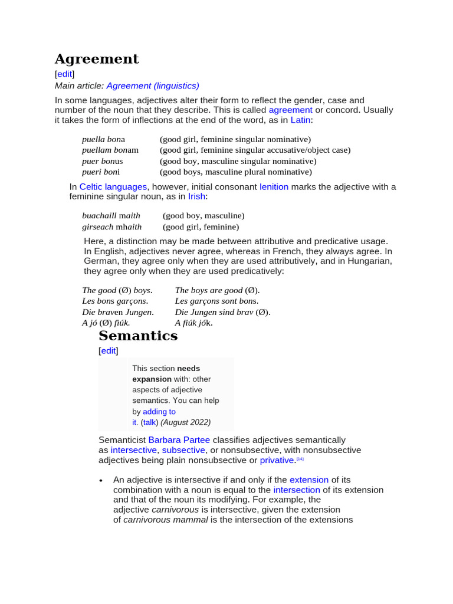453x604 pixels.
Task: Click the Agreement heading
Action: (97, 59)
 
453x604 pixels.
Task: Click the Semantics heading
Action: (138, 336)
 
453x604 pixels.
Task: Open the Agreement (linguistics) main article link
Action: (153, 86)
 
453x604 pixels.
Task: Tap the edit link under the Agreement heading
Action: (64, 74)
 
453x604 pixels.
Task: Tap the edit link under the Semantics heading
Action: (108, 350)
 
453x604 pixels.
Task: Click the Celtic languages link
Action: (113, 186)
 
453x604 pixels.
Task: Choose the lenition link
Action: (274, 186)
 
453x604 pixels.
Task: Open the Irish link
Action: (197, 196)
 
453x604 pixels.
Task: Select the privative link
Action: (277, 460)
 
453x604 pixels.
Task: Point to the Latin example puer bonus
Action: (102, 161)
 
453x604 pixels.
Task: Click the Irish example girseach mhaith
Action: (111, 226)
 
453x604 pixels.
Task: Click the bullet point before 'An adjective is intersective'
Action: (101, 480)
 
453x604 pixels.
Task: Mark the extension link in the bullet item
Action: (308, 480)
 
